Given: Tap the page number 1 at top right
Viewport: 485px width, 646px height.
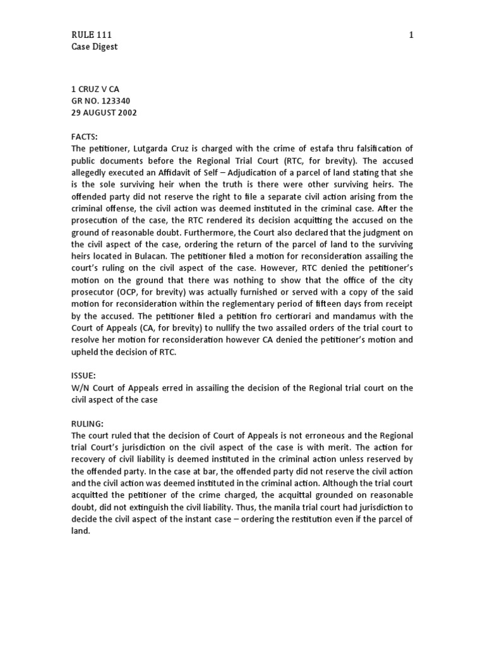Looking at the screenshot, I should [411, 35].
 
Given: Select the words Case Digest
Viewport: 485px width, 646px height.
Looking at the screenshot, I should [94, 47].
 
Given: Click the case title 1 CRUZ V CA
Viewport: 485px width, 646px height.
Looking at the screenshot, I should [95, 89].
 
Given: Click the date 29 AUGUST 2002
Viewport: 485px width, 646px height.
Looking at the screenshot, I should [104, 113].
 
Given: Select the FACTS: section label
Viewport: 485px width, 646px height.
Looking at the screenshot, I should [85, 136].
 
